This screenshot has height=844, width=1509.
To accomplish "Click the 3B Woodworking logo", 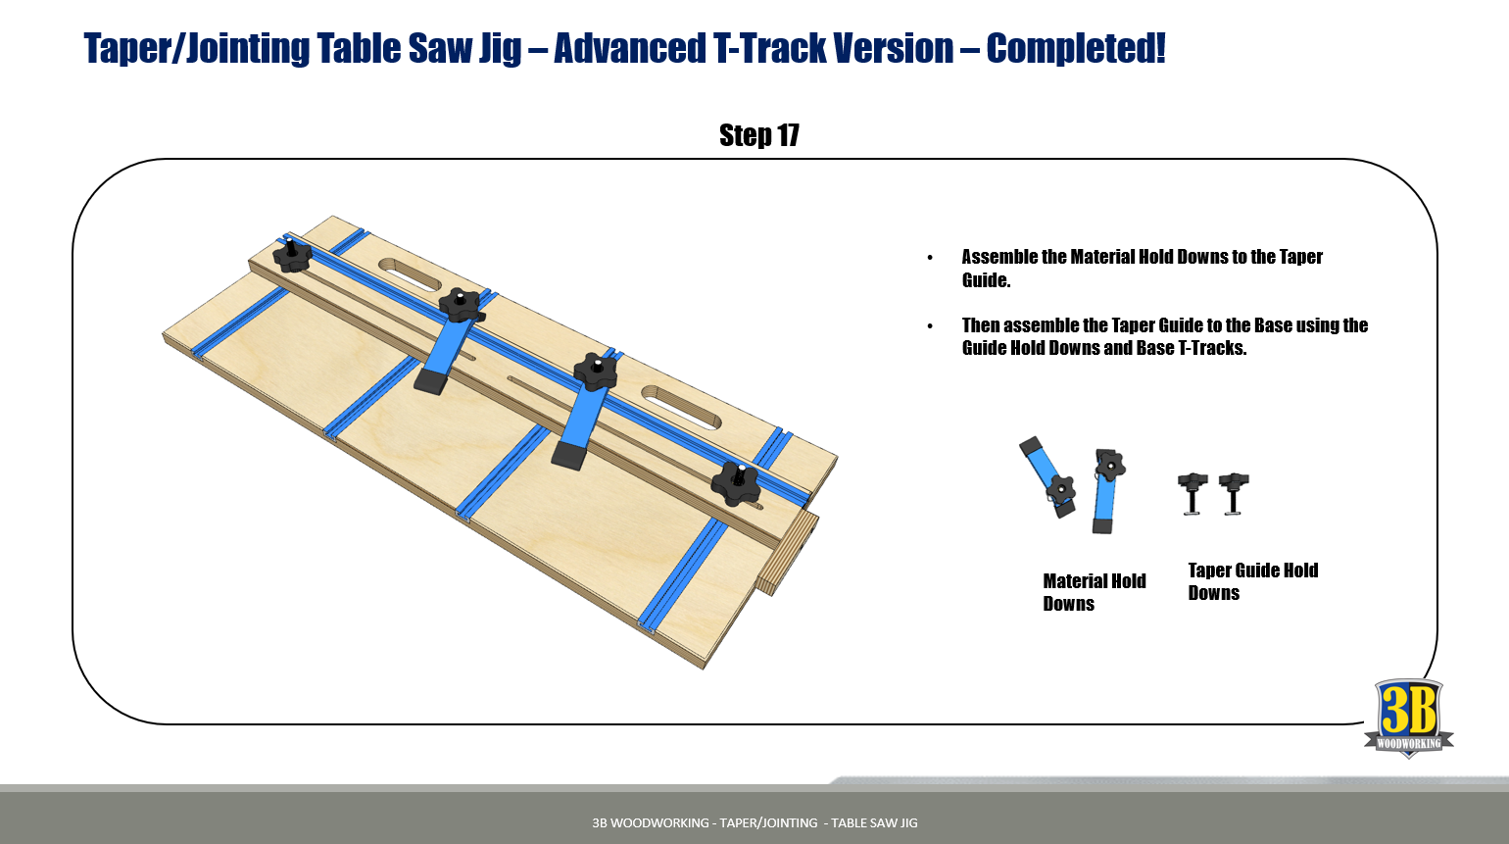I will point(1408,718).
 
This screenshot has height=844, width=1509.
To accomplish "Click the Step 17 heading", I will point(758,135).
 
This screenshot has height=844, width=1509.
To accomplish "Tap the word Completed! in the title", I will point(1075,48).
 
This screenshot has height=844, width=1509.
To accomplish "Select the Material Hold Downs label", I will point(1094,592).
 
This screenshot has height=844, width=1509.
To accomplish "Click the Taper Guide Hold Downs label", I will point(1252,581).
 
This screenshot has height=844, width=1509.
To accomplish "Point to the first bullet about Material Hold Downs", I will point(1142,268).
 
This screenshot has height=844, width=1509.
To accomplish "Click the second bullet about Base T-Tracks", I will point(1164,336).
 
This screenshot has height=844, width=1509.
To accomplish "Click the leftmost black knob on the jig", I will point(291,256).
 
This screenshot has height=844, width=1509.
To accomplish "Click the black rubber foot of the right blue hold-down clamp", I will point(569,456).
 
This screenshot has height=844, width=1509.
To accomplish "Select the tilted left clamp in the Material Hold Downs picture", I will point(1047,477).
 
